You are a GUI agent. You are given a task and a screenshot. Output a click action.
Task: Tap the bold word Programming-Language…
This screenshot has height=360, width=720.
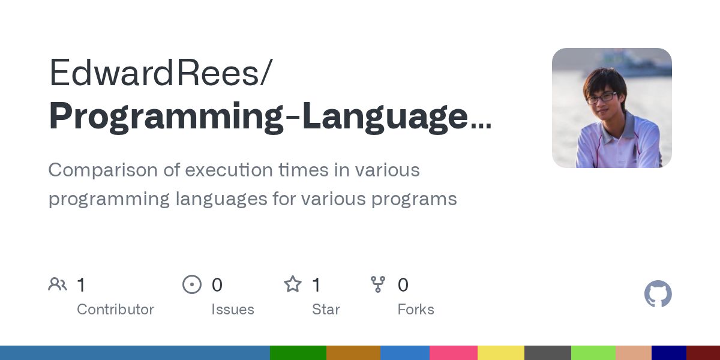point(269,116)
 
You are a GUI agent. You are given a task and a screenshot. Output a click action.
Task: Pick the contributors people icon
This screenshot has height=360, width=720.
point(58,284)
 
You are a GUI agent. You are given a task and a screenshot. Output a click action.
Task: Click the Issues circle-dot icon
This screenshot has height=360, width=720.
point(192,284)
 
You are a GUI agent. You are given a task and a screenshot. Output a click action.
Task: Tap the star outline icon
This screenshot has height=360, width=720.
point(293,284)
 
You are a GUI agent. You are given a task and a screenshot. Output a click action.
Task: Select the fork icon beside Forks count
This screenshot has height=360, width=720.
point(378,284)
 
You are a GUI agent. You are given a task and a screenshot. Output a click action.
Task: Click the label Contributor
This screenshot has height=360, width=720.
point(115,310)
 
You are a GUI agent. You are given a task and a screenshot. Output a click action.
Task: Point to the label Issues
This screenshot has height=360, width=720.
point(233,310)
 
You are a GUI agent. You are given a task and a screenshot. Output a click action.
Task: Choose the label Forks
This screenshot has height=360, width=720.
point(416,310)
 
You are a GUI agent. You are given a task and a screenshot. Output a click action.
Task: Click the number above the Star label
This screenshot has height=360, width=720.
point(316,285)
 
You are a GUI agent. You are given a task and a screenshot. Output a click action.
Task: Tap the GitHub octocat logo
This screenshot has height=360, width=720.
point(658,294)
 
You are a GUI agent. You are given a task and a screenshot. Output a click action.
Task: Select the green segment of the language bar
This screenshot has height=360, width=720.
point(298,353)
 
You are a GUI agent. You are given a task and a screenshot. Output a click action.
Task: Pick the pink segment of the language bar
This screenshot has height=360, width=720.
point(453,353)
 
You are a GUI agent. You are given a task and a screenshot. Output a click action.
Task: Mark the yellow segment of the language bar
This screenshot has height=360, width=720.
point(500,353)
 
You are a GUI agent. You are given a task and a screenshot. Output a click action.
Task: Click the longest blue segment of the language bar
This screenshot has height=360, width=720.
point(135,353)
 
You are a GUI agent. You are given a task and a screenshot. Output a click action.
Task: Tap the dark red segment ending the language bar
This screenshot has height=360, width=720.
point(703,353)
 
